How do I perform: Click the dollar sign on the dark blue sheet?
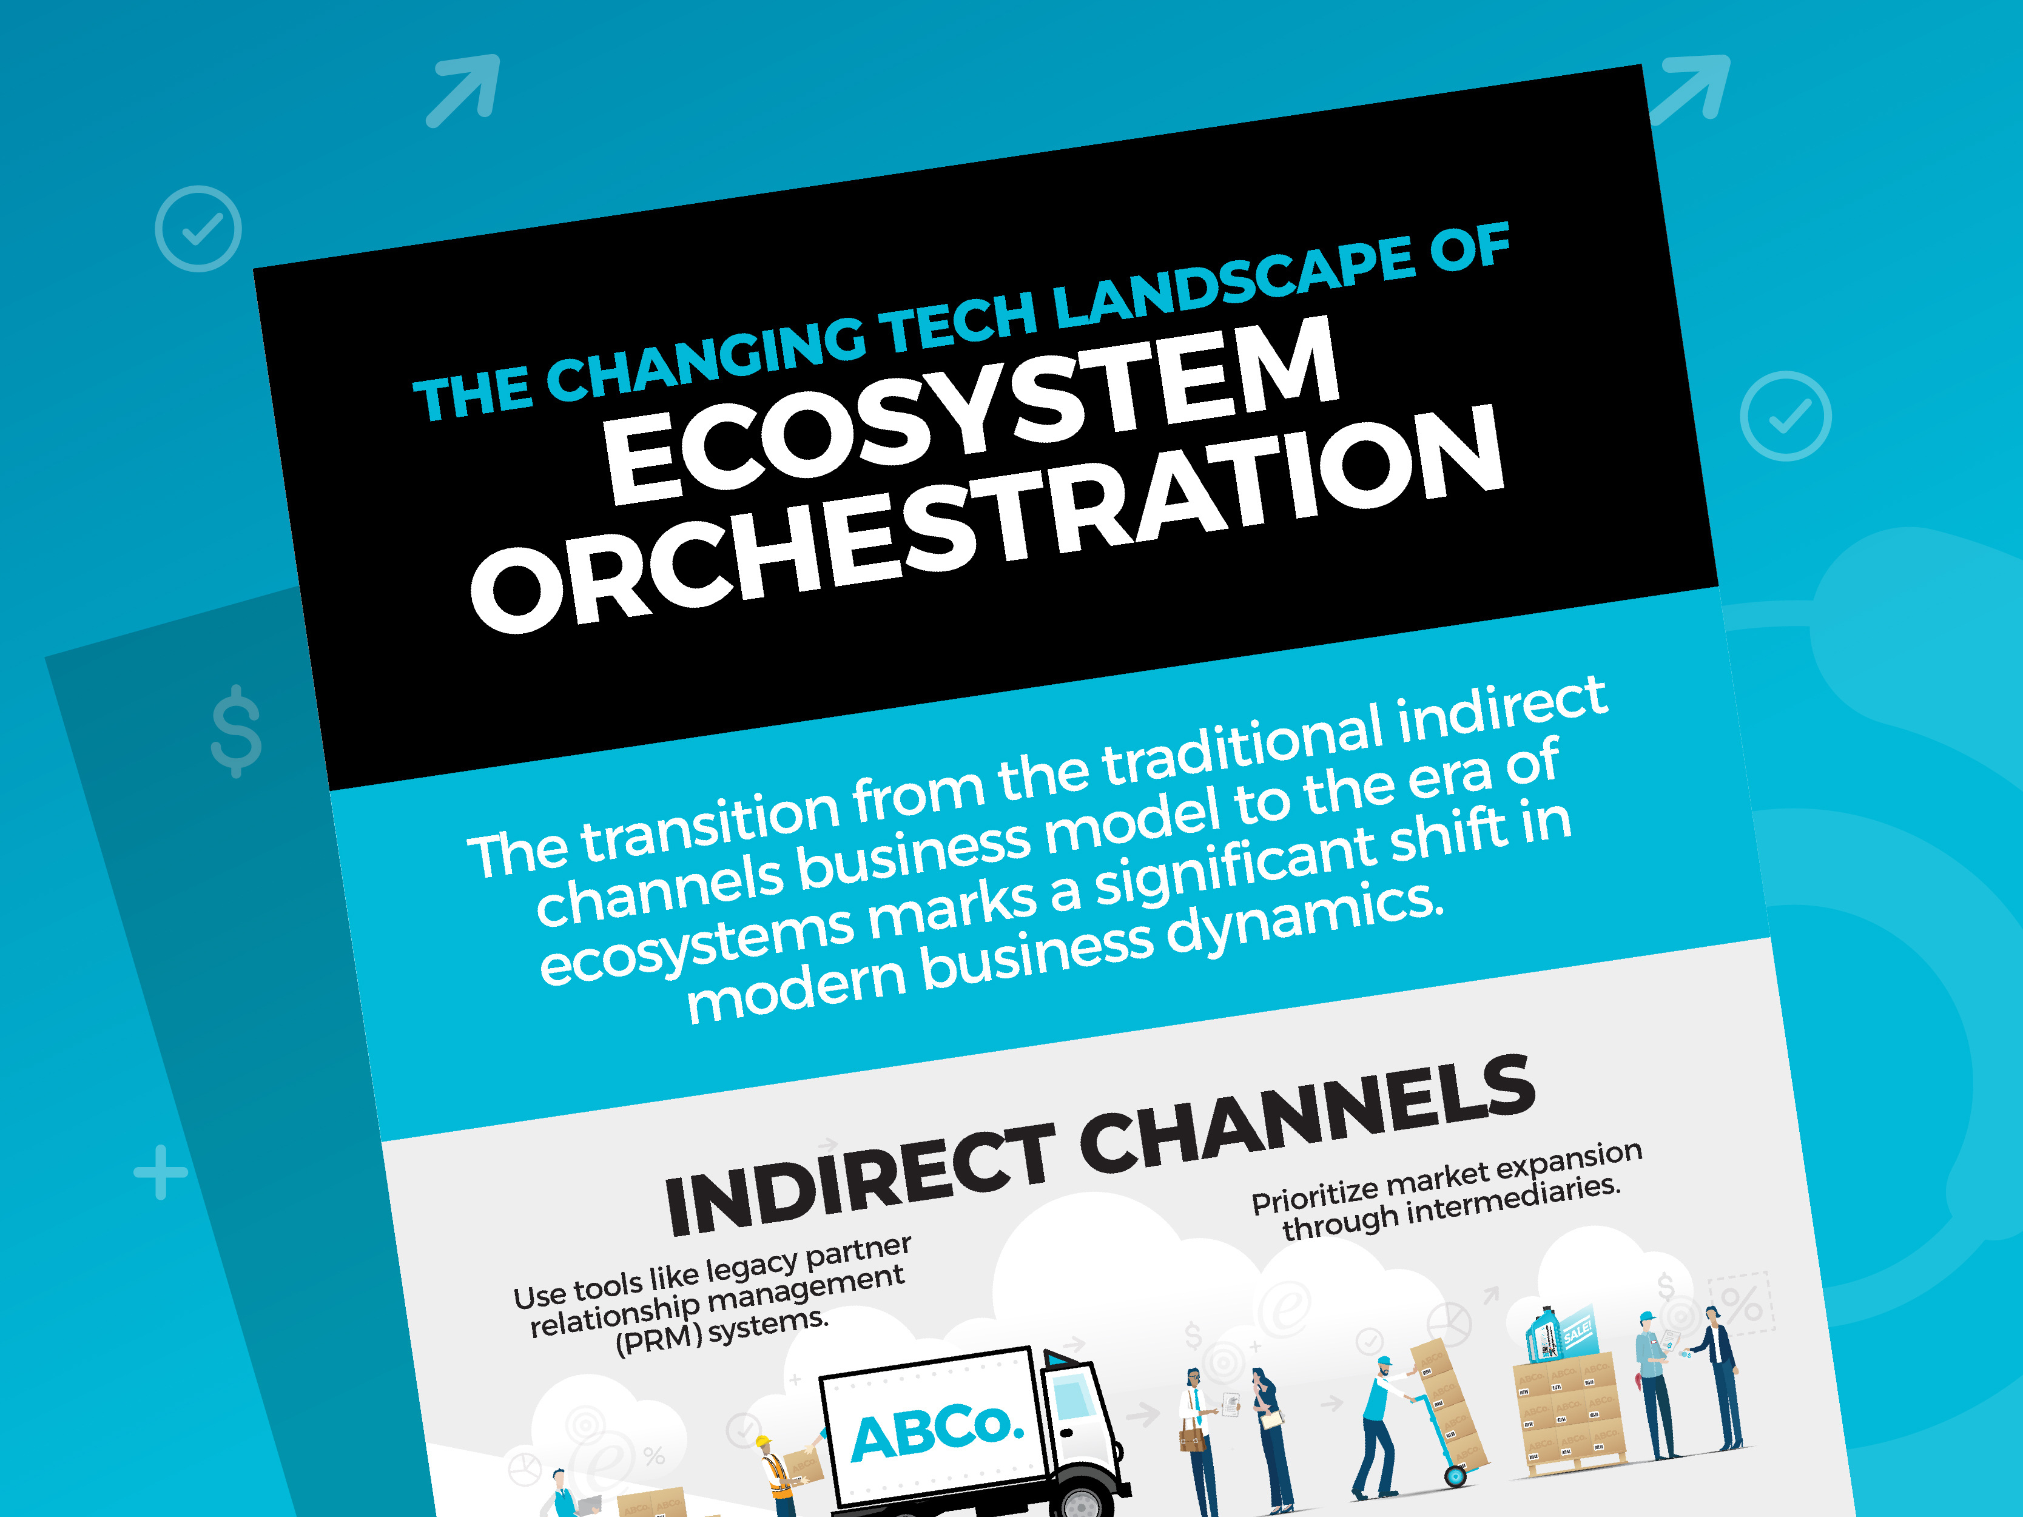coord(236,731)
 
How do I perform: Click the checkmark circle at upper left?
coord(198,229)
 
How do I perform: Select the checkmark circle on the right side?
coord(1785,416)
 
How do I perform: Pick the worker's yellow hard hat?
coord(762,1443)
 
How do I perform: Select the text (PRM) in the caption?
coord(659,1340)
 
